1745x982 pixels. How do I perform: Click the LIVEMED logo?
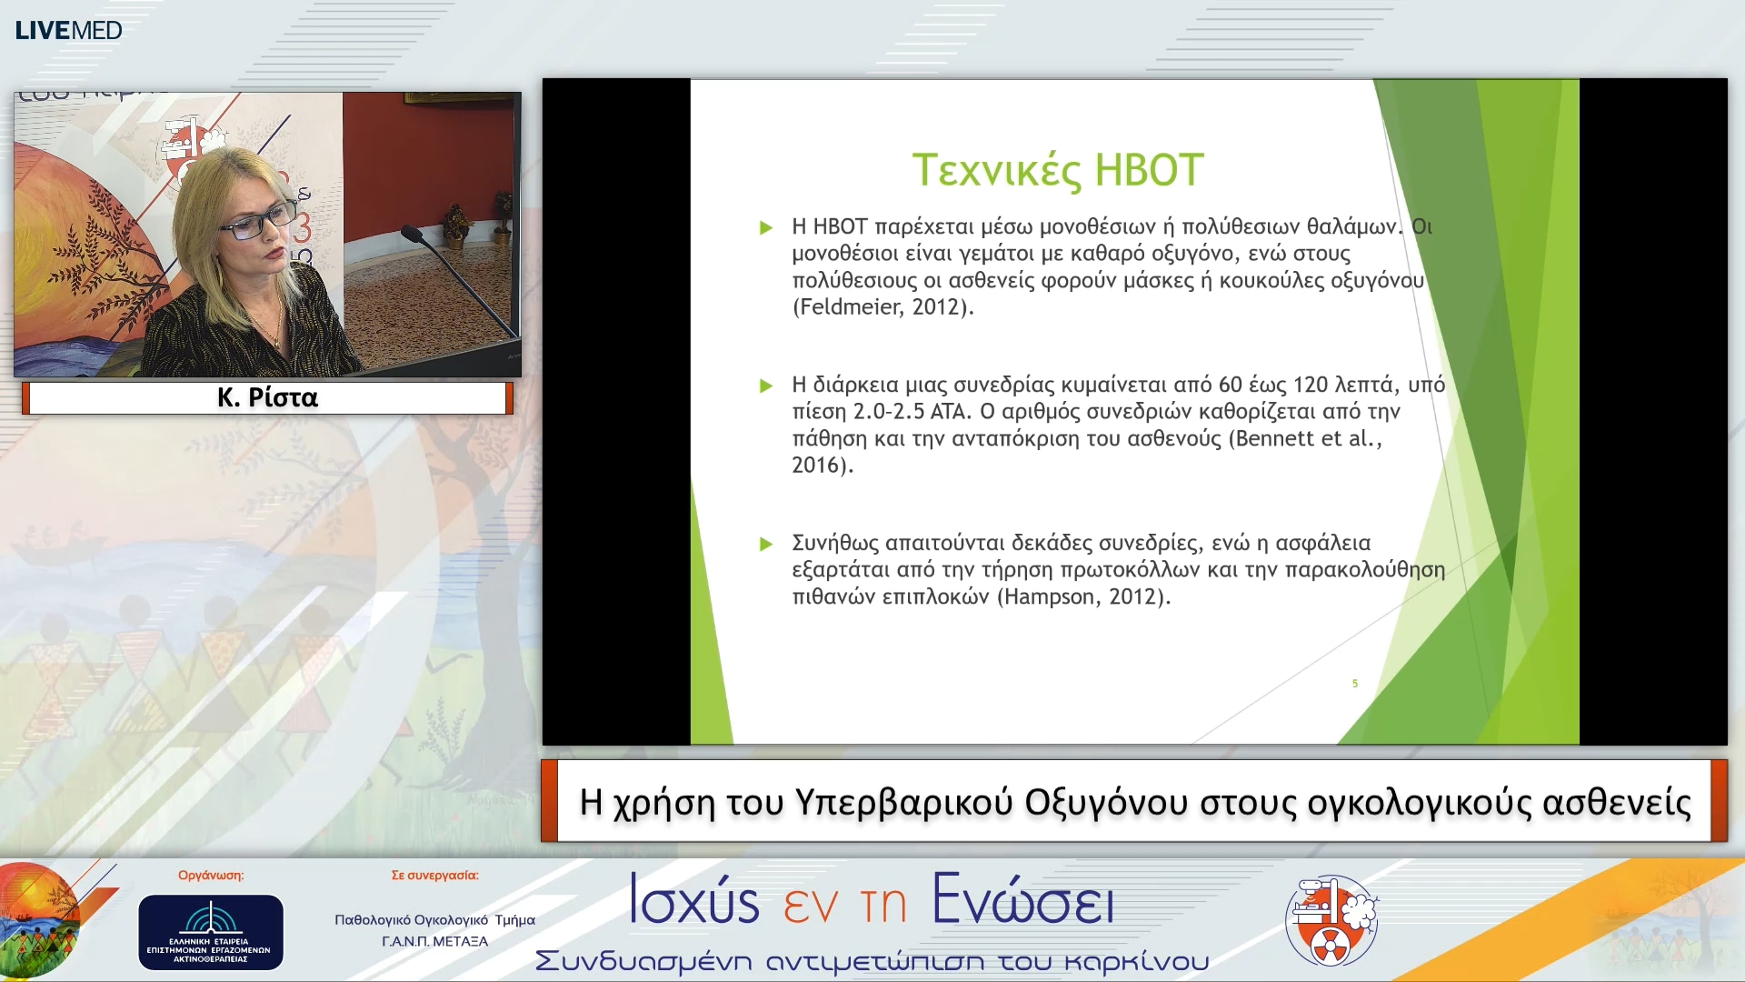(x=68, y=30)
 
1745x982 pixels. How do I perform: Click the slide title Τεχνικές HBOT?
(x=1058, y=170)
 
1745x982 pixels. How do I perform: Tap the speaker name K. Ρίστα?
(x=267, y=397)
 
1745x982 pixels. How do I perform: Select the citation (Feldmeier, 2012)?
(x=882, y=307)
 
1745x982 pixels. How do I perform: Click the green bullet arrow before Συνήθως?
(x=766, y=544)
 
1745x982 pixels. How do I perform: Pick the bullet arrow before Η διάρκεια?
(x=766, y=386)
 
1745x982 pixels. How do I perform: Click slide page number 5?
(x=1355, y=684)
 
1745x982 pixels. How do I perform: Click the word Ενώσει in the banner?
(x=1023, y=900)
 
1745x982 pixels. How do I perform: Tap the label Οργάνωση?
(x=211, y=876)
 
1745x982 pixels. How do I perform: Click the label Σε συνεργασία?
(x=434, y=876)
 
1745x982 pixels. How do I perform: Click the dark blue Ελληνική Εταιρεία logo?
(x=211, y=932)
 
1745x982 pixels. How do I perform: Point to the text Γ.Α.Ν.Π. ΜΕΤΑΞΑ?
(x=435, y=942)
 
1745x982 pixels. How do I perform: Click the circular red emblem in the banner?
(x=1331, y=921)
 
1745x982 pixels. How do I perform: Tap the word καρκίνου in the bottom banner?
(x=1136, y=962)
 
